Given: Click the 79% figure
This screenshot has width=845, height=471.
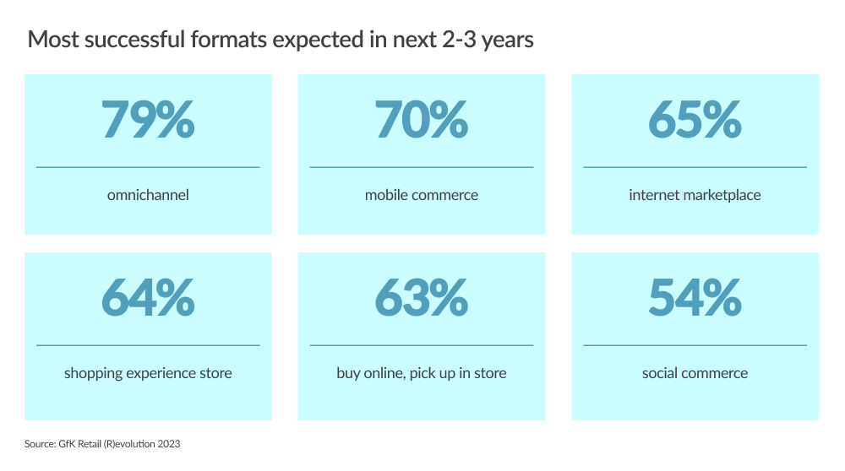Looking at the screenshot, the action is pyautogui.click(x=148, y=120).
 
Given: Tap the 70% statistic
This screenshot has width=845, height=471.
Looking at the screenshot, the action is pyautogui.click(x=422, y=120).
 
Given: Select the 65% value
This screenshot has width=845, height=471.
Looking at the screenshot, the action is pyautogui.click(x=695, y=120).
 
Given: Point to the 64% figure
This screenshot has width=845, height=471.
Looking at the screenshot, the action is pyautogui.click(x=148, y=297).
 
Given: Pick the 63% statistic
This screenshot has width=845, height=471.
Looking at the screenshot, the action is pyautogui.click(x=422, y=297).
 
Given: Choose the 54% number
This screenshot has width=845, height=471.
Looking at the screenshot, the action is pyautogui.click(x=695, y=297).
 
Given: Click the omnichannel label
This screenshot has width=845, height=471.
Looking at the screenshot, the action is pyautogui.click(x=148, y=195).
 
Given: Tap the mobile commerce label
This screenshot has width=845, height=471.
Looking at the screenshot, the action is pyautogui.click(x=422, y=195).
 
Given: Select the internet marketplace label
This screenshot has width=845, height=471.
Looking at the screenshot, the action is pyautogui.click(x=695, y=195).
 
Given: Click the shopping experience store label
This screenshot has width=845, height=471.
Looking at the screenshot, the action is pyautogui.click(x=148, y=373).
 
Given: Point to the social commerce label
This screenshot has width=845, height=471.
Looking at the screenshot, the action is pyautogui.click(x=695, y=373).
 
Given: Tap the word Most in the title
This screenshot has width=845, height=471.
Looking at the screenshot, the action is pyautogui.click(x=53, y=40).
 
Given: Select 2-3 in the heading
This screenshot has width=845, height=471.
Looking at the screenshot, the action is pyautogui.click(x=459, y=40).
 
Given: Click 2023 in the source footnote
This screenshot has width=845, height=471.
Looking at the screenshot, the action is pyautogui.click(x=169, y=444).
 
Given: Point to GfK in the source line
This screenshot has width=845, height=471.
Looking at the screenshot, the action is pyautogui.click(x=67, y=444).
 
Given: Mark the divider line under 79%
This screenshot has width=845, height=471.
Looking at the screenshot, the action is pyautogui.click(x=148, y=167).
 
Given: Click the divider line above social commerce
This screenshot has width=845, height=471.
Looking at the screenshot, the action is pyautogui.click(x=695, y=345).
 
